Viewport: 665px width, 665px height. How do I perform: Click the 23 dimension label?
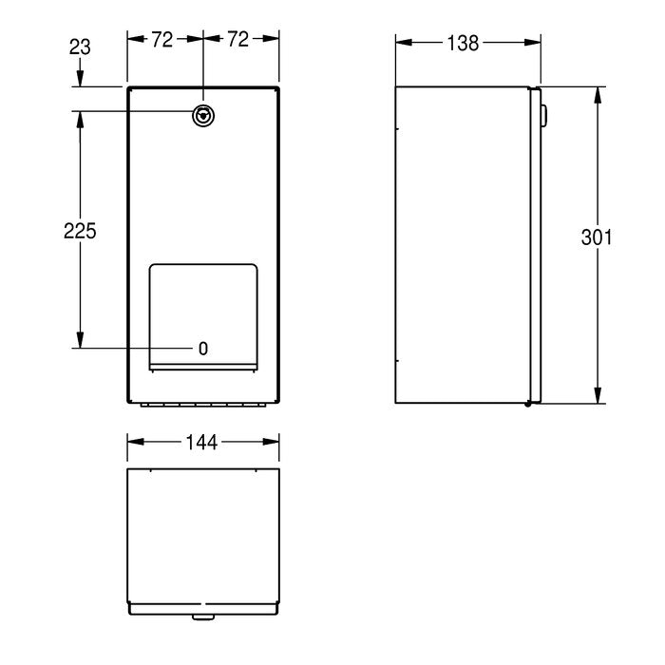(80, 47)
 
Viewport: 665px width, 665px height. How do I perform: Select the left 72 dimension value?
(162, 40)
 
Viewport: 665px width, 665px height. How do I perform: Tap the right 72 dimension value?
(237, 39)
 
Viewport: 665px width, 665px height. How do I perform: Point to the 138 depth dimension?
(464, 43)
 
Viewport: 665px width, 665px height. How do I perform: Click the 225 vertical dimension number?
(80, 232)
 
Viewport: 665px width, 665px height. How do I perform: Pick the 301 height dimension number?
(597, 237)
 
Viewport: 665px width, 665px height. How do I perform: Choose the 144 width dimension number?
(201, 443)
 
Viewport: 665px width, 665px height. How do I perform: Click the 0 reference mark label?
(203, 349)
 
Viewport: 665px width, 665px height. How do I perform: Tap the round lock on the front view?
(203, 116)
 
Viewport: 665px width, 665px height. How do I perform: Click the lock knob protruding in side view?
(543, 115)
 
